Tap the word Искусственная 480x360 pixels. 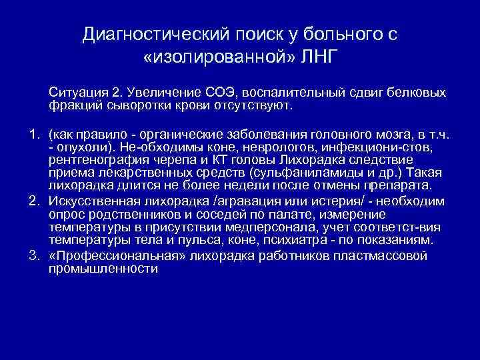click(90, 203)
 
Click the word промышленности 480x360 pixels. click(103, 269)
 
